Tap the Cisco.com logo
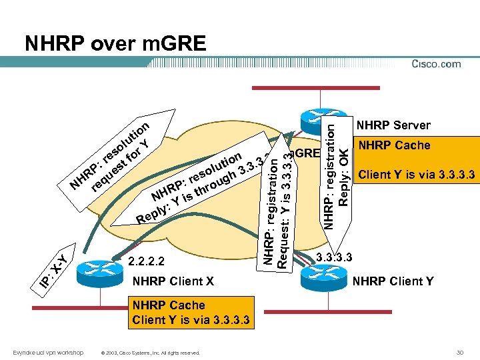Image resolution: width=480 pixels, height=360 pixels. (x=436, y=64)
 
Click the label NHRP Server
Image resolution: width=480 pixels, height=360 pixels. (x=393, y=125)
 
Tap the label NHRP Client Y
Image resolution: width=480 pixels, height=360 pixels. (x=393, y=281)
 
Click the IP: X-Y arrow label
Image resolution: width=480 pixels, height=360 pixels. (x=51, y=271)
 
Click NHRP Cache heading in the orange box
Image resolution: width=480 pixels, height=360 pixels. (x=395, y=145)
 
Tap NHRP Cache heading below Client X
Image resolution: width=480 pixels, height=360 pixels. (x=169, y=305)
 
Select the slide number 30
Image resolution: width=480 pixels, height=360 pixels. (x=459, y=352)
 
